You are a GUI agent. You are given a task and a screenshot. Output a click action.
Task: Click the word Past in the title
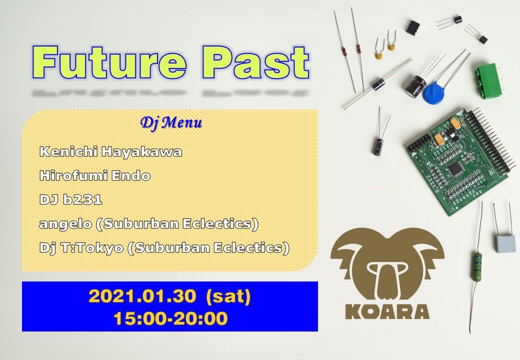coord(256,63)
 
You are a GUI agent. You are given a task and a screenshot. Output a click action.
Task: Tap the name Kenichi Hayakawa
coord(110,152)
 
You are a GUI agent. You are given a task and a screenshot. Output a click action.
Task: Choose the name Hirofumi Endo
coord(94,176)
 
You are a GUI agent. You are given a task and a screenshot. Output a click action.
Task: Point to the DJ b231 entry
coord(70,200)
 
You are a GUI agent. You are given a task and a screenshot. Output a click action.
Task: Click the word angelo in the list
coord(65,224)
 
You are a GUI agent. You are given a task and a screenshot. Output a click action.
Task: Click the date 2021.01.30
coord(141,296)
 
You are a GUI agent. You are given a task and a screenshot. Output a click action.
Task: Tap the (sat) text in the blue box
coord(228,296)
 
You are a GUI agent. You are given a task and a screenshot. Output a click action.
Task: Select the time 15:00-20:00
coord(170,318)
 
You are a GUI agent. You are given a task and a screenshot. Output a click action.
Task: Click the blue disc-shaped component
coord(434,92)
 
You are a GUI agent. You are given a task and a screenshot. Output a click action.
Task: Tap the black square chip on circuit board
coord(455,167)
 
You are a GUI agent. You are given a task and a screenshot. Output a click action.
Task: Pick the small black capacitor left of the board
coord(377,146)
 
